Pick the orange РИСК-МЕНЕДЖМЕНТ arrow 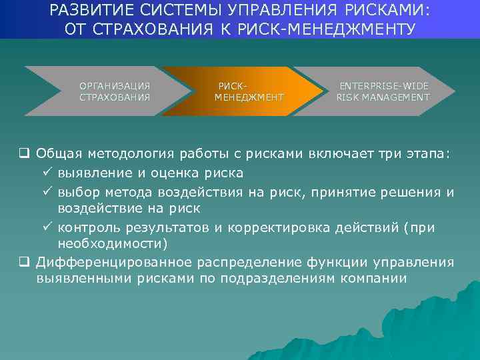pyautogui.click(x=239, y=91)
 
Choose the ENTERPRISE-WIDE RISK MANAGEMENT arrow pyautogui.click(x=383, y=91)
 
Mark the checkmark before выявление pyautogui.click(x=47, y=173)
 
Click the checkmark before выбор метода pyautogui.click(x=47, y=192)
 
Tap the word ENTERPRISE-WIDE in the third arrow pyautogui.click(x=384, y=86)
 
